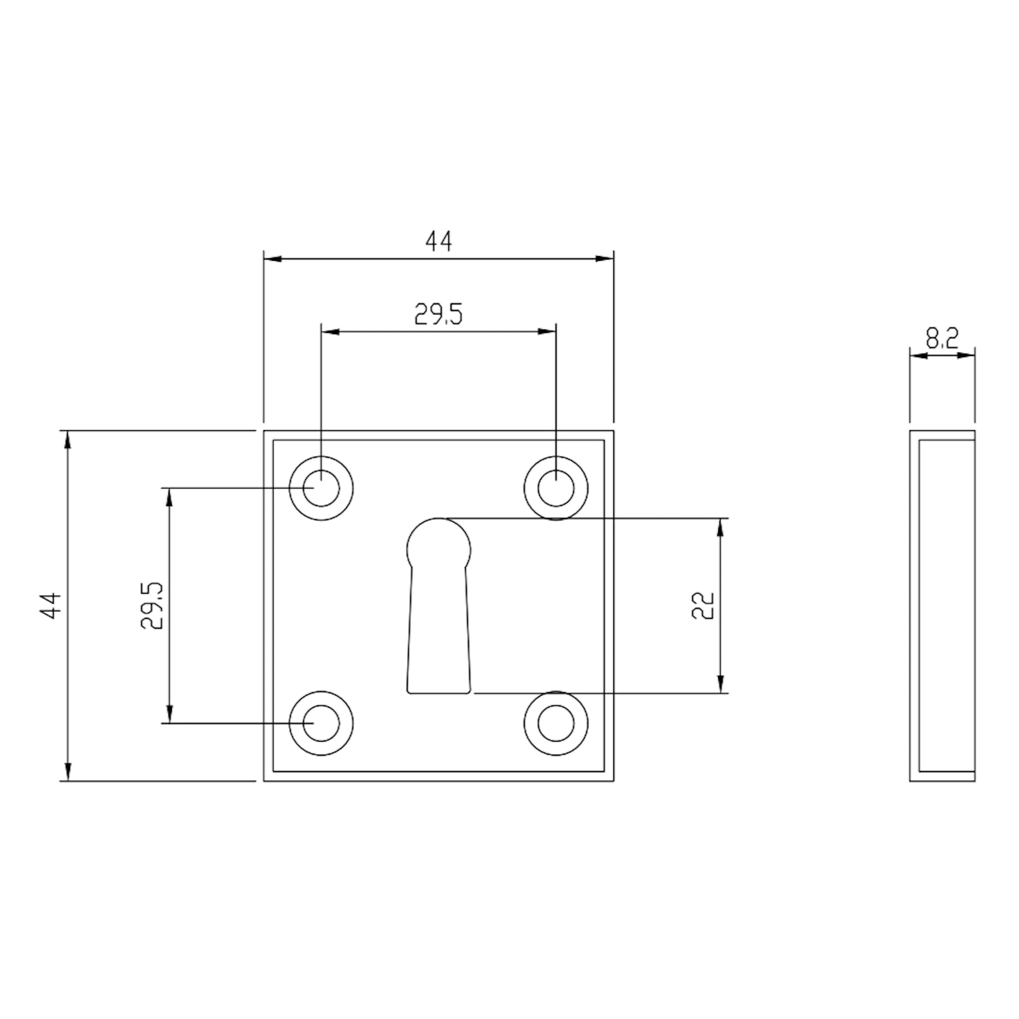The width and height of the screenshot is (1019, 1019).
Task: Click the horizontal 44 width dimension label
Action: (x=438, y=241)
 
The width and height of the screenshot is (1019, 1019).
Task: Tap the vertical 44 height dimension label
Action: (x=52, y=605)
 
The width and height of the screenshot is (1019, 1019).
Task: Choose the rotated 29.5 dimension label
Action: (x=151, y=605)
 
